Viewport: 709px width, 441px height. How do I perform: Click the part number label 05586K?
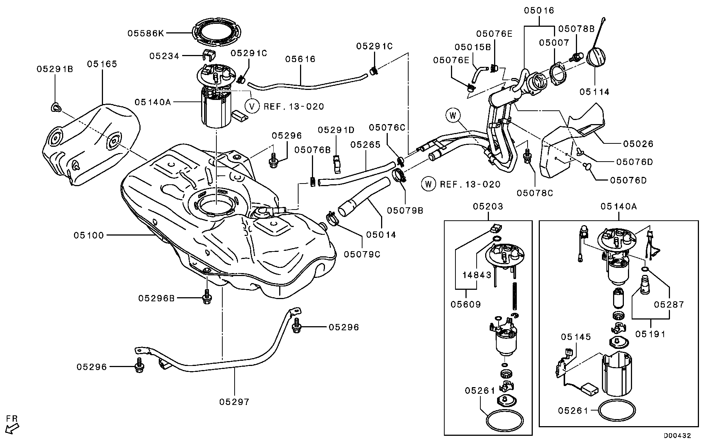click(146, 33)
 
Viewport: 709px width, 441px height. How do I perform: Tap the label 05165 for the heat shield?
click(102, 64)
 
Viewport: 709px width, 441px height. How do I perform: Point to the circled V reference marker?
click(252, 107)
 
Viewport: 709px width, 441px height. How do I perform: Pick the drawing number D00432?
click(677, 435)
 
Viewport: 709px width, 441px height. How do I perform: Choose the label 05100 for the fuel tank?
click(88, 235)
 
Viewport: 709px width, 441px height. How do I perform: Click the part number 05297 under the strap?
click(234, 402)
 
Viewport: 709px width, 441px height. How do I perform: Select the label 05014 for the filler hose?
click(381, 235)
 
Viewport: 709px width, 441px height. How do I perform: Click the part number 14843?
click(477, 275)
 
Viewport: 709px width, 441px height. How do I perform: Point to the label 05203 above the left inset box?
click(488, 206)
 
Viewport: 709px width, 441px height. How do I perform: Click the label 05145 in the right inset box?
click(576, 337)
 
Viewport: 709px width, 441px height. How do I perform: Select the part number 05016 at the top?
click(539, 10)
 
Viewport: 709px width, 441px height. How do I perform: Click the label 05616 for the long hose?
click(300, 59)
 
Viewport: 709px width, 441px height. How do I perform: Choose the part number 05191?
click(650, 334)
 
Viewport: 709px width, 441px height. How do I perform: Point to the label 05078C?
click(535, 193)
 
